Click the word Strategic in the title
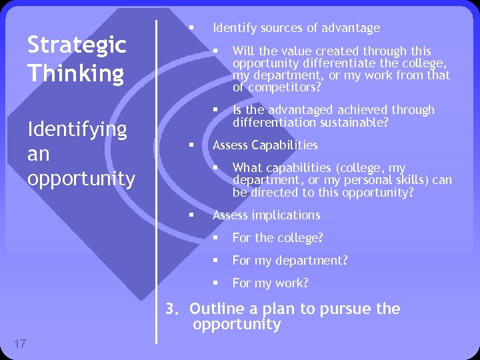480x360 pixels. pyautogui.click(x=76, y=45)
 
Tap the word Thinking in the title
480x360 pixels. pyautogui.click(x=75, y=73)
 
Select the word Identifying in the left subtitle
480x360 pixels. pyautogui.click(x=77, y=129)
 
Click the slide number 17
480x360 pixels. pyautogui.click(x=19, y=344)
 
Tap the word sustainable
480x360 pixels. pyautogui.click(x=359, y=123)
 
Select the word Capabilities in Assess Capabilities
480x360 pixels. pyautogui.click(x=285, y=145)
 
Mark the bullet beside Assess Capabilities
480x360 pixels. pyautogui.click(x=191, y=145)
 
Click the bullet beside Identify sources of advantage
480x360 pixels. pyautogui.click(x=191, y=27)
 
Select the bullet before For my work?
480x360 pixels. pyautogui.click(x=216, y=283)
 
